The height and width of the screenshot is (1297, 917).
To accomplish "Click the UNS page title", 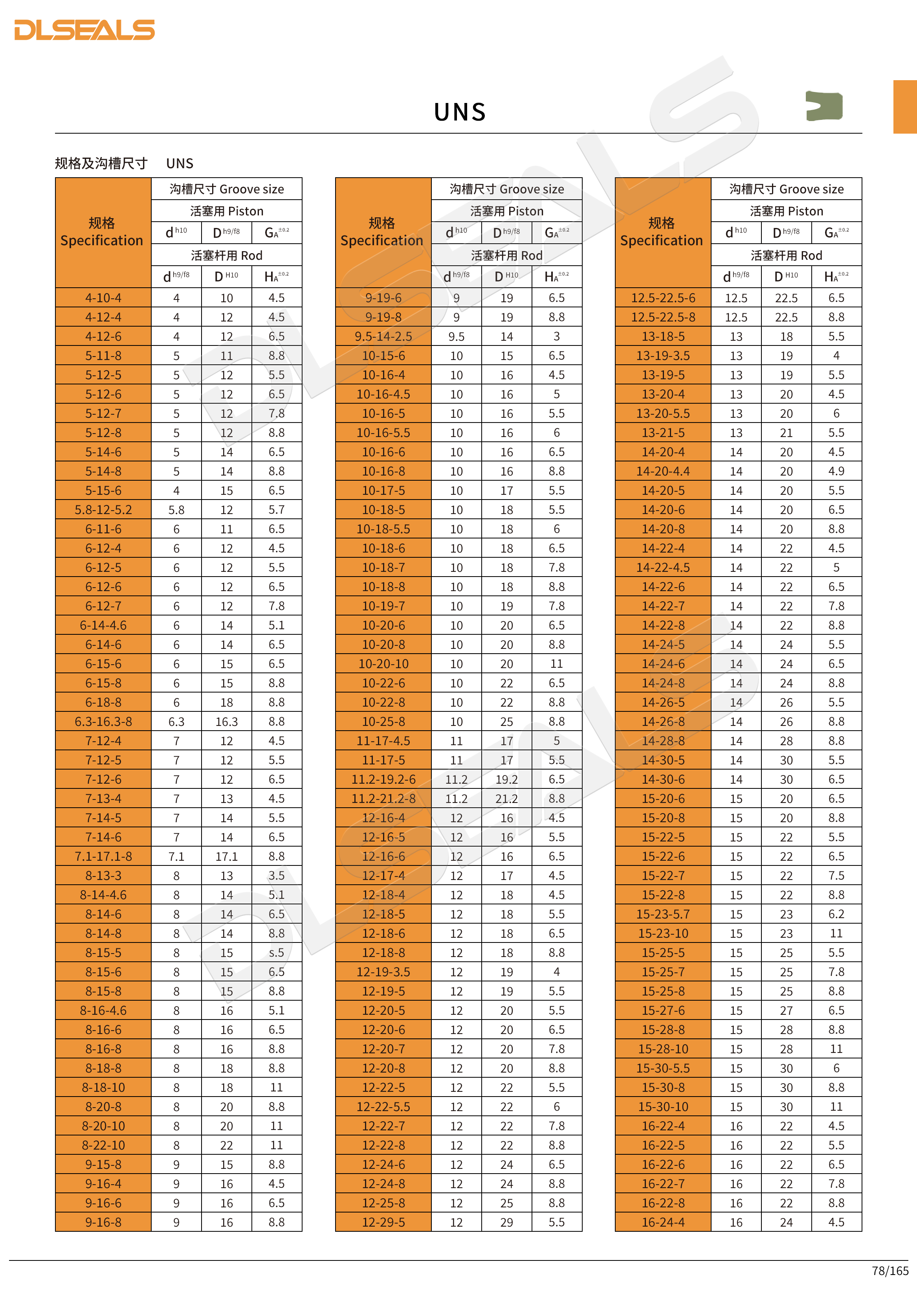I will coord(460,112).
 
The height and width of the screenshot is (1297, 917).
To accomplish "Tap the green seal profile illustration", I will coord(824,106).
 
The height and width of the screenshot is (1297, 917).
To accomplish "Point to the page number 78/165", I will coord(890,1270).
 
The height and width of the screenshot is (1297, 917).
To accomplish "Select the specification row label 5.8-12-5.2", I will coord(103,509).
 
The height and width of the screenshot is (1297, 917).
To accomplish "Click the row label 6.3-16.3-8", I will coord(103,721).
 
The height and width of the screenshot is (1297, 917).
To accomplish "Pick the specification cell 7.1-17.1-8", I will coord(103,856).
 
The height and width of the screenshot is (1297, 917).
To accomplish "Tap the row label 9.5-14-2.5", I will coord(383,337).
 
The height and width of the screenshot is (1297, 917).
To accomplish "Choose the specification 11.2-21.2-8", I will coord(383,799).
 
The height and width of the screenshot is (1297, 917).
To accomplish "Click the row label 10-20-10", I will coord(383,664).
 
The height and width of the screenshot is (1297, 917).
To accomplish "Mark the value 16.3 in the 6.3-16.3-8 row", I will coord(226,721).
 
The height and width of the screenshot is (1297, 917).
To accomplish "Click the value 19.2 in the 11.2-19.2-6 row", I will coord(506,779).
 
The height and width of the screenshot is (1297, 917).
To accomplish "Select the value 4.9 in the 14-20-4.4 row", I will coord(836,471).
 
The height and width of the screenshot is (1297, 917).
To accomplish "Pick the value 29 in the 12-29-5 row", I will coord(506,1222).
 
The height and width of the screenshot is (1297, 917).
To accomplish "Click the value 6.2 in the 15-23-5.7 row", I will coord(836,914).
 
